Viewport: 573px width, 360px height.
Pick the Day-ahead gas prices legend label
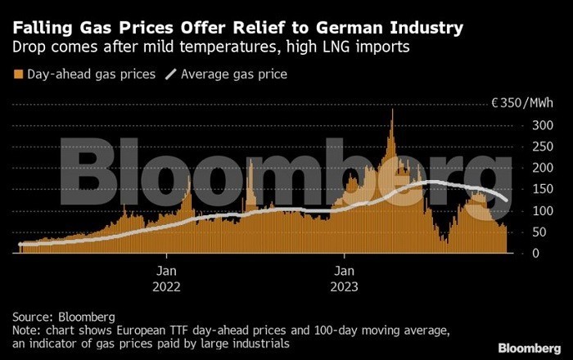tap(90, 74)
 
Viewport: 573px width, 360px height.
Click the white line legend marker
tap(170, 74)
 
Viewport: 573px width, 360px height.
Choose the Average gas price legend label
tap(234, 74)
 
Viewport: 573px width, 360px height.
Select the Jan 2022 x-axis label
tap(165, 278)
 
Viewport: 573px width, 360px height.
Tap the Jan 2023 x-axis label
tap(344, 278)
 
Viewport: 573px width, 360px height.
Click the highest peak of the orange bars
tap(393, 111)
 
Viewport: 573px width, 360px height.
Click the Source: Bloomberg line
tap(64, 316)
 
